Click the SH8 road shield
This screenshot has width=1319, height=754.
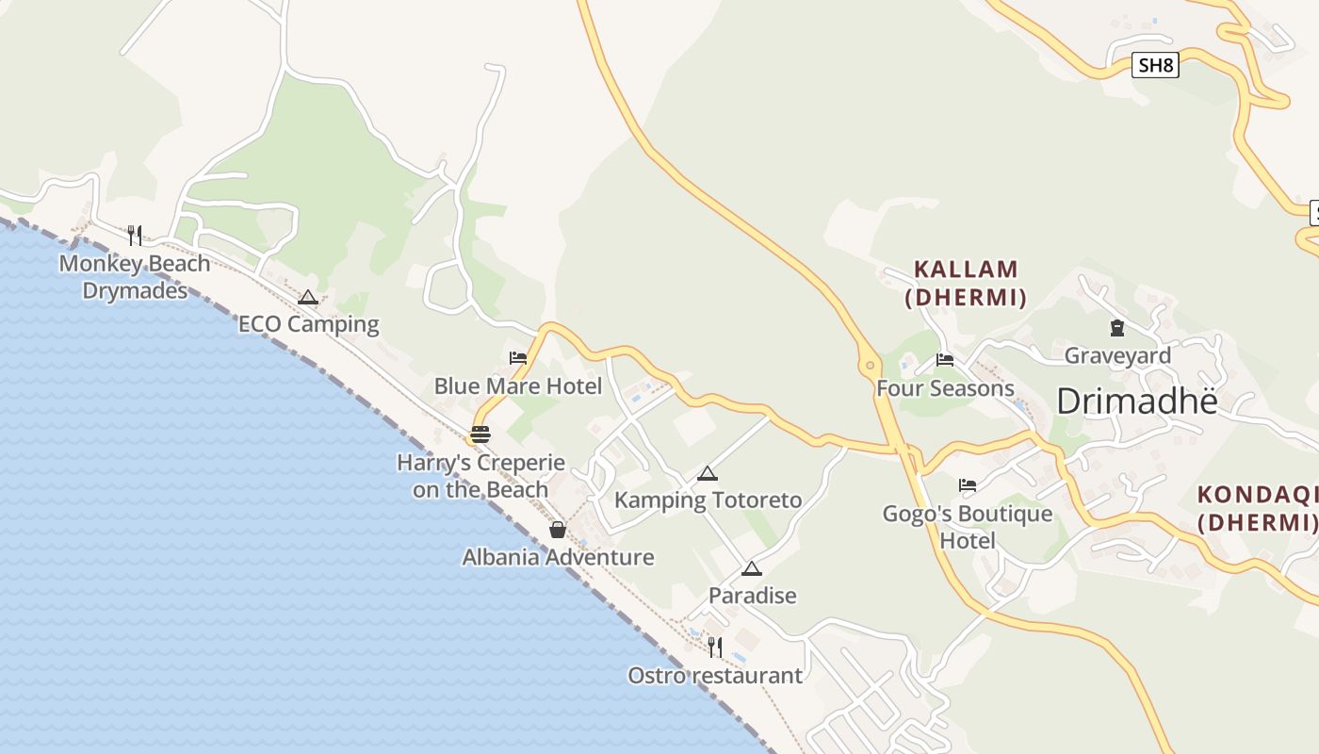(x=1155, y=65)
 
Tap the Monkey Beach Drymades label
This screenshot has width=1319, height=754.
(x=135, y=276)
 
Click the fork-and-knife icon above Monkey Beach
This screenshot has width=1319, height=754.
(x=135, y=235)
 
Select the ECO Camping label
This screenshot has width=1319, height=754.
(x=308, y=324)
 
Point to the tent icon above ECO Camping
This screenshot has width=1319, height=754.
(x=307, y=298)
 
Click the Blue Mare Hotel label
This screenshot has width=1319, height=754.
(x=517, y=385)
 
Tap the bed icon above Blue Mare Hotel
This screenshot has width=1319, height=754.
(x=517, y=358)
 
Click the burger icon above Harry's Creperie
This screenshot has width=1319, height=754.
(x=480, y=434)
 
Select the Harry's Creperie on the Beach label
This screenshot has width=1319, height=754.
(x=480, y=476)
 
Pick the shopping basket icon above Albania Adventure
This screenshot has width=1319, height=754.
(x=558, y=530)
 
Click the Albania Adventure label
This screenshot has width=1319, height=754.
(x=558, y=557)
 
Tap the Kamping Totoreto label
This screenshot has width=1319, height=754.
(x=708, y=500)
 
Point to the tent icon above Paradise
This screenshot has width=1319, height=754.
(x=751, y=568)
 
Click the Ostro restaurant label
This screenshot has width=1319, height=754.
(x=715, y=675)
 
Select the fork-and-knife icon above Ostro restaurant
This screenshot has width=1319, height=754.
(x=715, y=647)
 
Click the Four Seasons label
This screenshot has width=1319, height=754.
(x=945, y=388)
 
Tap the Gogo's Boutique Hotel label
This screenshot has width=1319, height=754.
(x=968, y=527)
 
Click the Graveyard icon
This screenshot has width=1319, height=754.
(x=1117, y=328)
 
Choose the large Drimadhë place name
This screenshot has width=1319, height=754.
(x=1137, y=402)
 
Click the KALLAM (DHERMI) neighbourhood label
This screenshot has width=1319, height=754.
(x=966, y=284)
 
